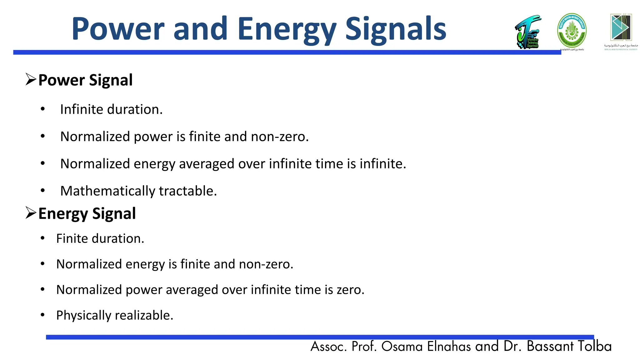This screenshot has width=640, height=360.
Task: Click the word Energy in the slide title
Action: [x=287, y=30]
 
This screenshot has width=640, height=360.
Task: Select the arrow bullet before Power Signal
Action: [x=31, y=79]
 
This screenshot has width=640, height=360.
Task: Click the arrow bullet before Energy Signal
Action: [x=31, y=213]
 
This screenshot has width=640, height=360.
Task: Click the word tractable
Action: [x=187, y=191]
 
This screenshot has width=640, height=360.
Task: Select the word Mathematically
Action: [x=107, y=191]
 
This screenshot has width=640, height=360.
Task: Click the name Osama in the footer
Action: [x=402, y=347]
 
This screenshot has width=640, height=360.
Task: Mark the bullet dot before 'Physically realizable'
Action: [x=43, y=315]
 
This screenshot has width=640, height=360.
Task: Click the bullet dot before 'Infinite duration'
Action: [x=43, y=109]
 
